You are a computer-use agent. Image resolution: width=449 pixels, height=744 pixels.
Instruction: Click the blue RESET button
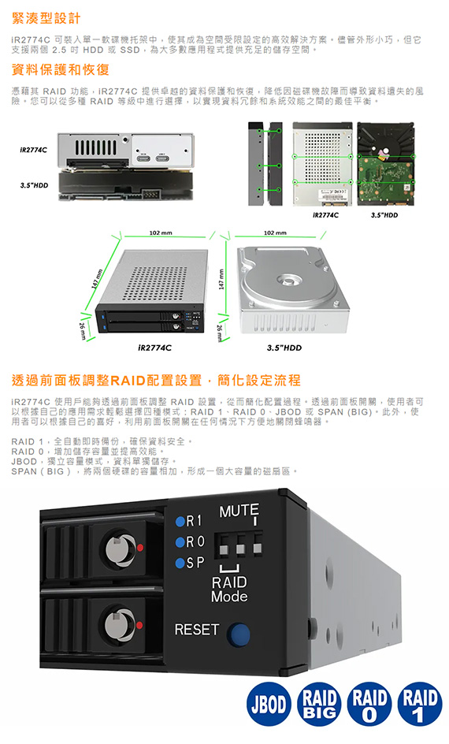(x=239, y=634)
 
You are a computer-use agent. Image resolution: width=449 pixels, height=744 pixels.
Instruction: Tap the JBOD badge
(x=269, y=704)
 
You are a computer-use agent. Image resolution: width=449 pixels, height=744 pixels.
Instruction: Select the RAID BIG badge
(x=319, y=704)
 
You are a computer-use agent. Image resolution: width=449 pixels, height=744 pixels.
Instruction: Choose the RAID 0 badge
(x=369, y=704)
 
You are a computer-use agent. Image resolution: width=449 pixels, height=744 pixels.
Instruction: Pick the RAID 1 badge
(x=420, y=704)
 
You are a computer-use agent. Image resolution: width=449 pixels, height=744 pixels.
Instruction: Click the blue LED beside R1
(x=180, y=522)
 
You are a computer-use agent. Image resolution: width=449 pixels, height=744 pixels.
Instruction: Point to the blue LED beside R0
(x=180, y=542)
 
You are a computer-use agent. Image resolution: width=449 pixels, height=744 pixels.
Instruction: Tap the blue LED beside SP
(x=180, y=564)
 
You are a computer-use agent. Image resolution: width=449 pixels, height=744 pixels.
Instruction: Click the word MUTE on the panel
(x=239, y=511)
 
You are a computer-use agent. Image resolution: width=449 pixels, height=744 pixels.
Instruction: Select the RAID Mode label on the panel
(x=229, y=589)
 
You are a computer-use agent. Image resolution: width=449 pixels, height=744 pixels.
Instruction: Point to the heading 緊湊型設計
(x=46, y=18)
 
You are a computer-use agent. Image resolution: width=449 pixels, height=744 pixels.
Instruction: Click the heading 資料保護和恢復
(x=60, y=69)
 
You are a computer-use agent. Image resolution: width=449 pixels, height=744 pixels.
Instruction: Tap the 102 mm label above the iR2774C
(x=161, y=233)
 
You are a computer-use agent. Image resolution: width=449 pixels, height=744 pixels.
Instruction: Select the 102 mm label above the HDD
(x=275, y=233)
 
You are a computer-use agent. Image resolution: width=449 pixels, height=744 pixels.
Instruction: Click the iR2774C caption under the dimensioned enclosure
(x=154, y=348)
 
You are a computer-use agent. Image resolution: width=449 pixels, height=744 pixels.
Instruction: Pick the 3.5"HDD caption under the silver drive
(x=284, y=348)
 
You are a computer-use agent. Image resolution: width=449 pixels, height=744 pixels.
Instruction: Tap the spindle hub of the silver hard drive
(x=289, y=279)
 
